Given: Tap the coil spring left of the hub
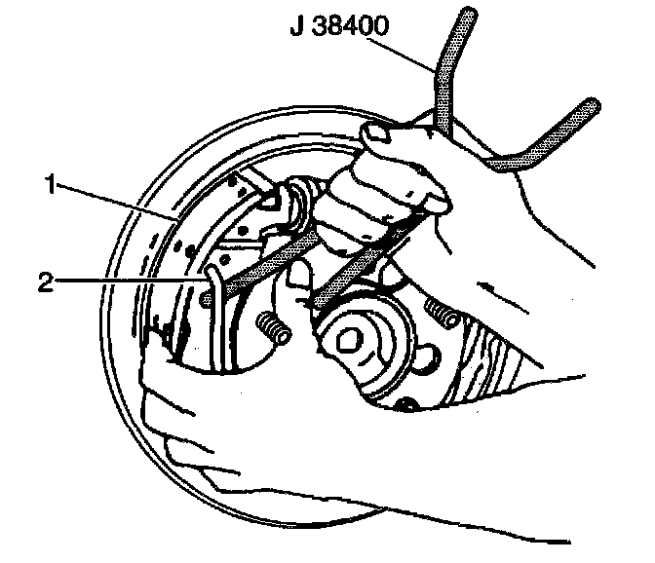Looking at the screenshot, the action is [274, 328].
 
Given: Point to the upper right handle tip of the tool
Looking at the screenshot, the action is [590, 104].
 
